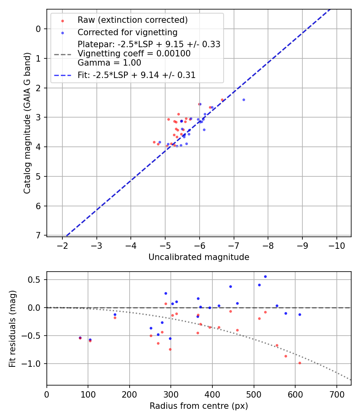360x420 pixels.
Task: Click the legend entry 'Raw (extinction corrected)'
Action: (132, 20)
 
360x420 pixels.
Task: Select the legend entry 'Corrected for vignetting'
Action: (127, 32)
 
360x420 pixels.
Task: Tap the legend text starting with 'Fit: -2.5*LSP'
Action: (136, 75)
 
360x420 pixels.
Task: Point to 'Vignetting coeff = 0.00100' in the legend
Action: (134, 54)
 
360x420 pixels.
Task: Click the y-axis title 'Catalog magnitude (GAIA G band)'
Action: (27, 123)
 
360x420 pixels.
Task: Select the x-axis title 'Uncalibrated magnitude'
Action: (199, 257)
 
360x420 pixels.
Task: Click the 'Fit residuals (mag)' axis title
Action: (12, 328)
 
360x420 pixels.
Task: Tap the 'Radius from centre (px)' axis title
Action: (199, 406)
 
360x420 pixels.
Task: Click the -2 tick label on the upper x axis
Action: (63, 245)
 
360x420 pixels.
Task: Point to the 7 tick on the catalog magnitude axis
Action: (39, 236)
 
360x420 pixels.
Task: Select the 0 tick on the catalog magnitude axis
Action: (39, 29)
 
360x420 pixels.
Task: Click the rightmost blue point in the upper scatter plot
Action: (244, 100)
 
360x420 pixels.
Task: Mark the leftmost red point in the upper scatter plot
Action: (154, 142)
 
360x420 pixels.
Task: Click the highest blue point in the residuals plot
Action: (265, 276)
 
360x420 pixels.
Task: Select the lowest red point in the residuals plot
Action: (300, 363)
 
